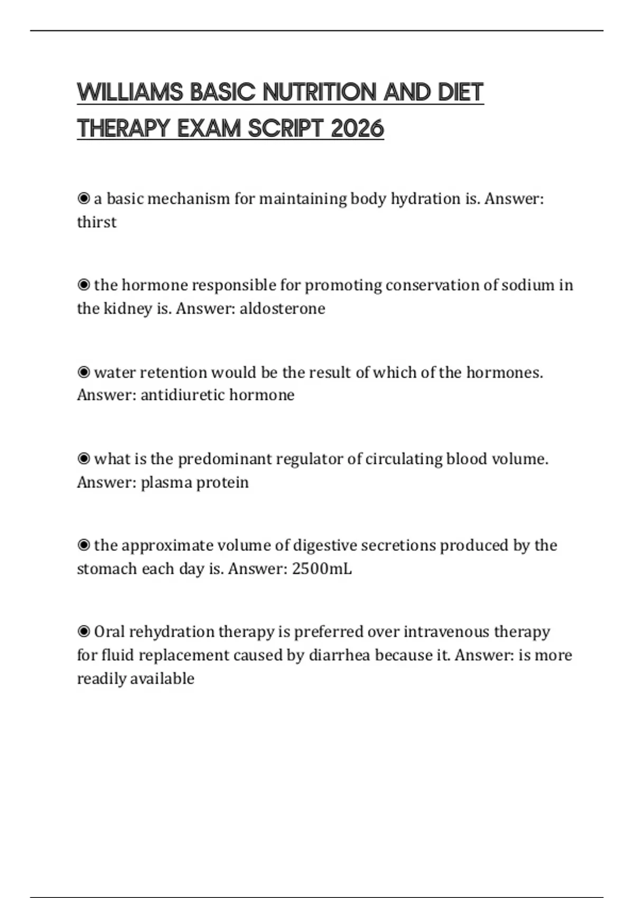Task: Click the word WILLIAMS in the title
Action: point(130,92)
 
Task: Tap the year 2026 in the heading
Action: point(357,128)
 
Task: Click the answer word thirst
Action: point(97,222)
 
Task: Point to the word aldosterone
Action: point(282,308)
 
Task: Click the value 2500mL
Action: point(321,569)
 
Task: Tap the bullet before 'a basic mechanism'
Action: point(83,199)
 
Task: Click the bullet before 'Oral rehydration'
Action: point(83,631)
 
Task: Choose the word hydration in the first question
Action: point(426,199)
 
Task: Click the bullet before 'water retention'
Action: point(83,372)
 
